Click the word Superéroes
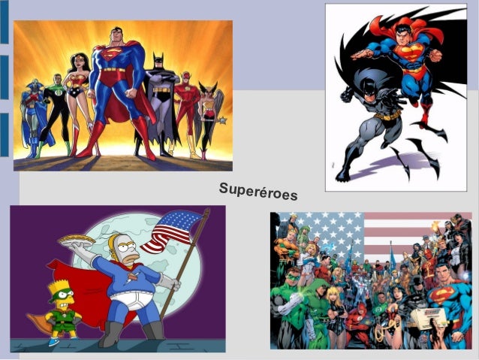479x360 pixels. (x=258, y=192)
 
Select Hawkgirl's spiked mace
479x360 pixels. (x=221, y=119)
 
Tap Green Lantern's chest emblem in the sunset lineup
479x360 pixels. (x=57, y=96)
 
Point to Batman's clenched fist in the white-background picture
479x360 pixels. (x=346, y=96)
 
